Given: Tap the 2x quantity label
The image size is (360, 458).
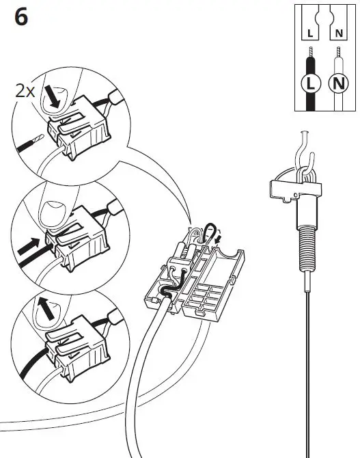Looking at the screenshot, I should [25, 92].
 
